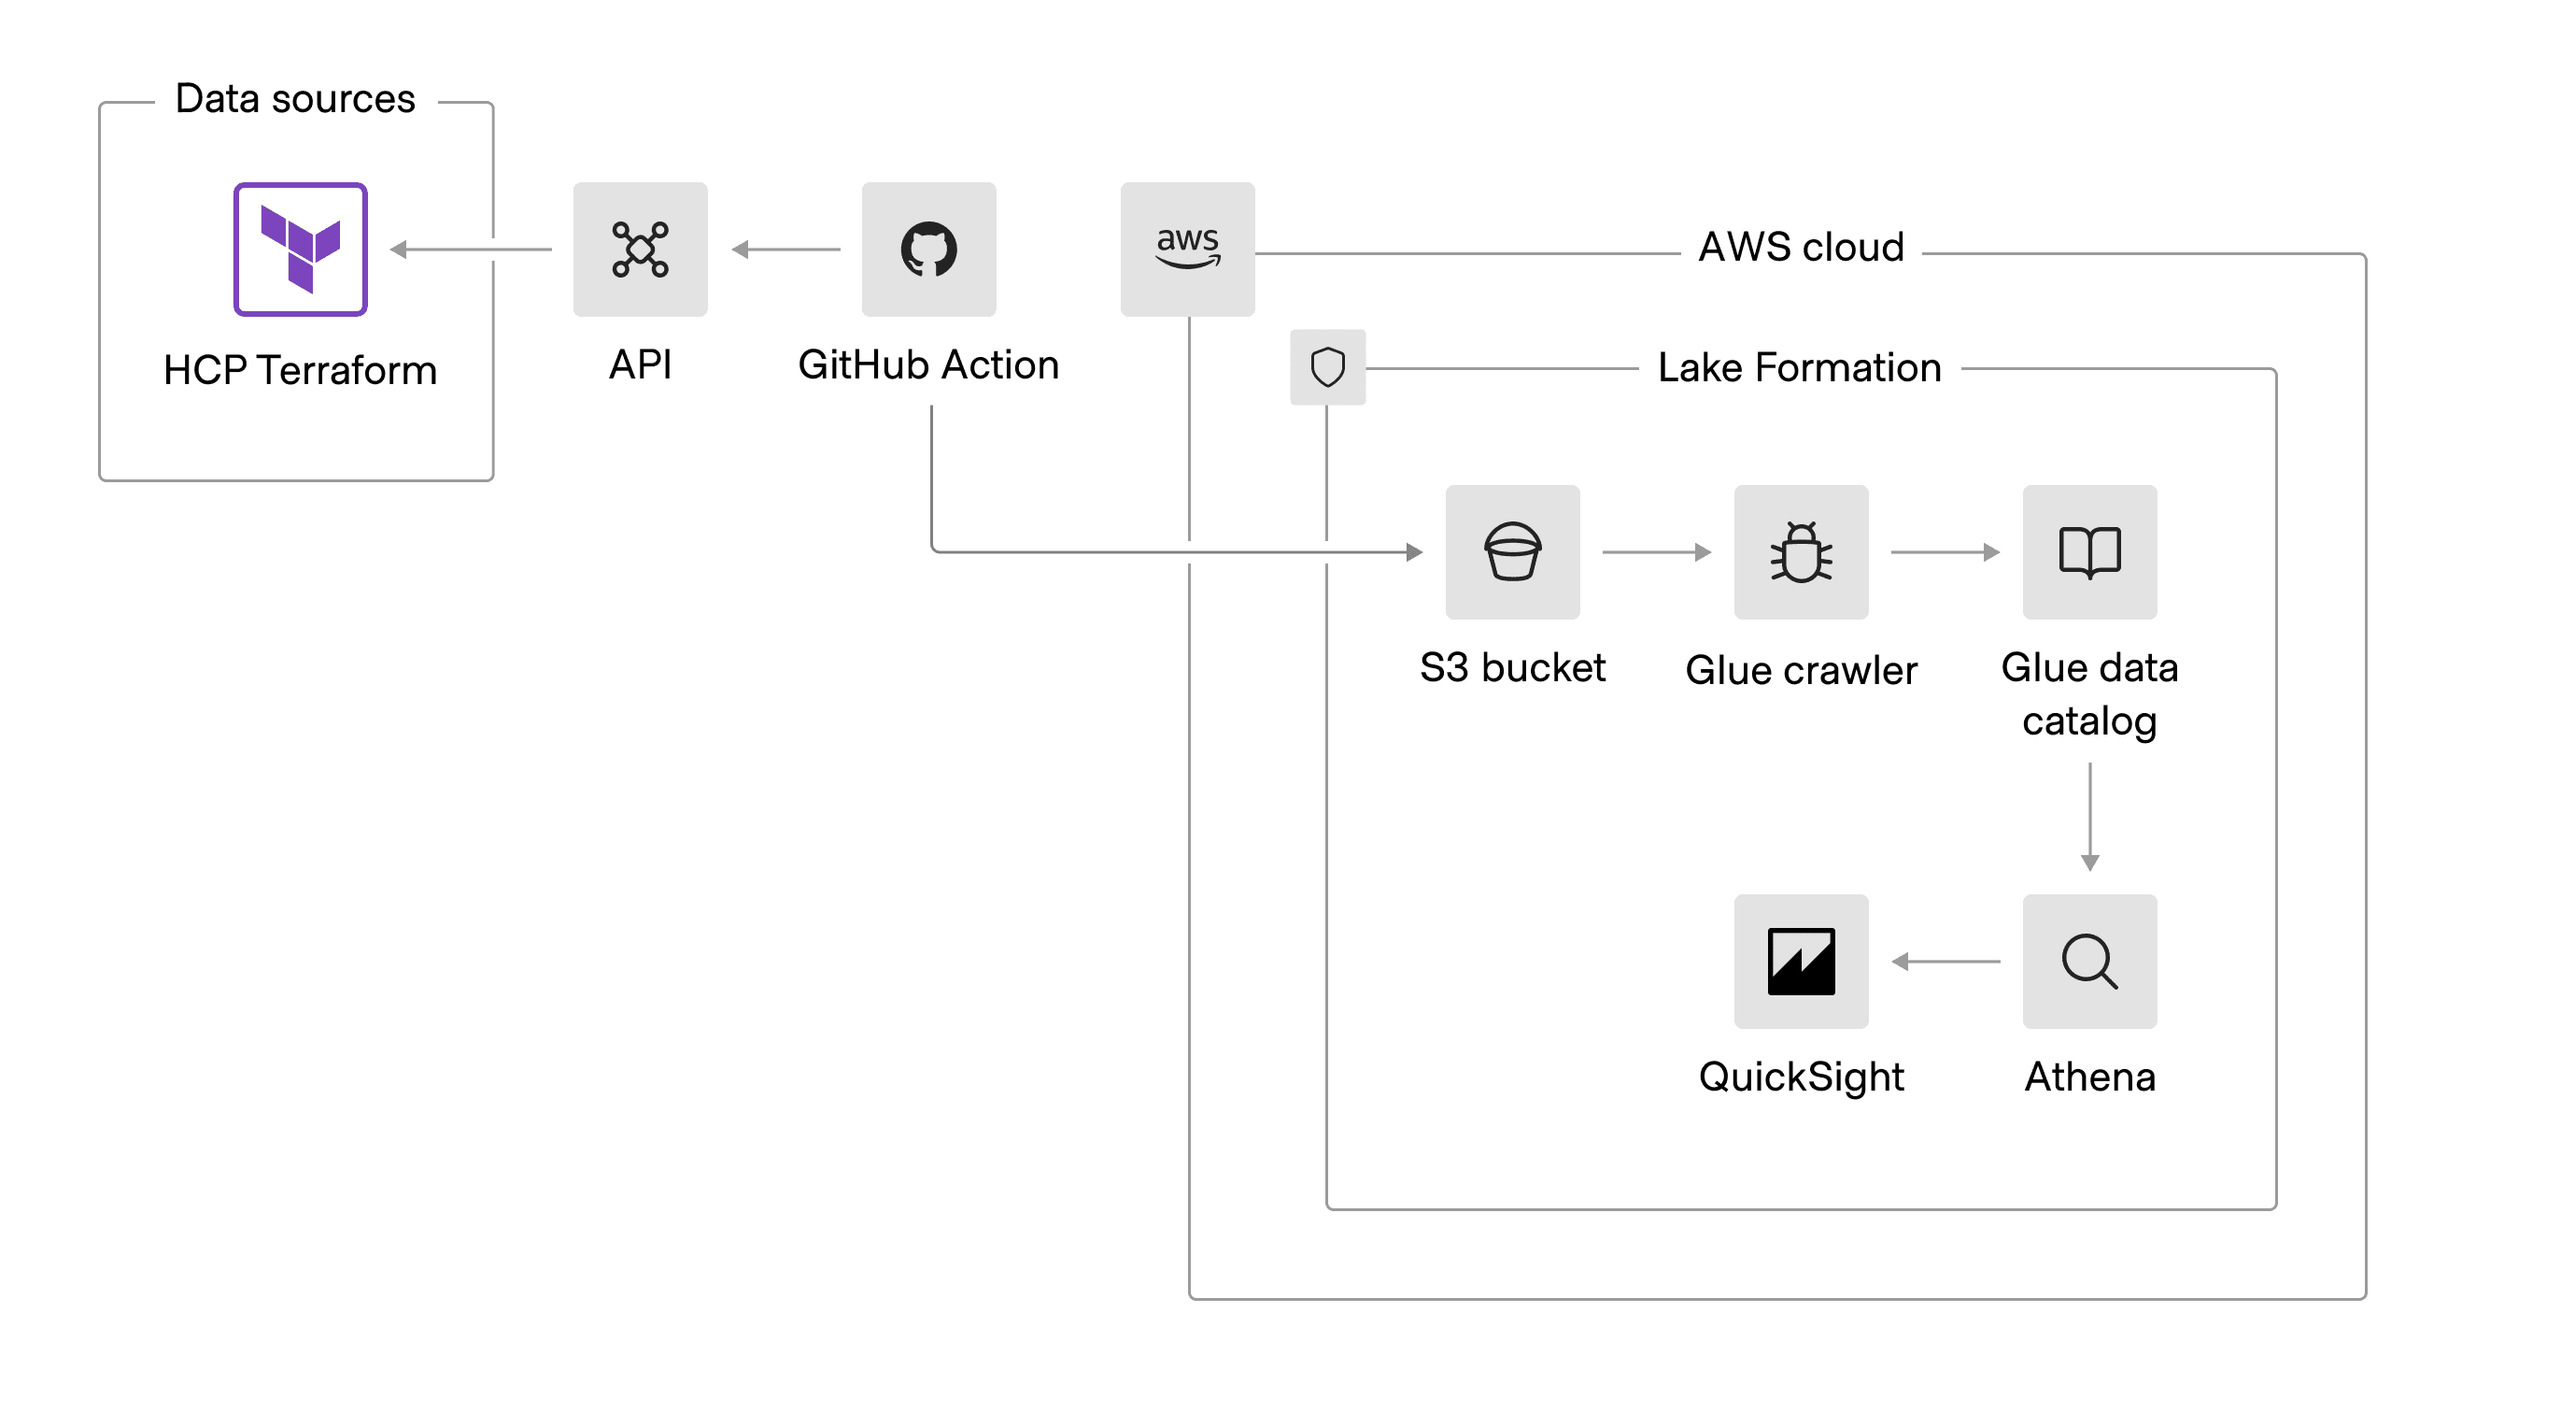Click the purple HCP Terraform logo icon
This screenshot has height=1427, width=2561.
[300, 249]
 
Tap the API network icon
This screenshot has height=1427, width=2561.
[641, 249]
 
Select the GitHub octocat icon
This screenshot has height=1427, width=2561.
[928, 249]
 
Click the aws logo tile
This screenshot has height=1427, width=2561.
[1187, 249]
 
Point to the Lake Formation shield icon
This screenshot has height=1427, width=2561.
[1327, 367]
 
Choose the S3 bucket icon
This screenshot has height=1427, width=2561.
[1512, 552]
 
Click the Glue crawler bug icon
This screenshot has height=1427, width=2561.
[1801, 552]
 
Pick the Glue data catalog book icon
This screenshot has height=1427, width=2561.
[2088, 552]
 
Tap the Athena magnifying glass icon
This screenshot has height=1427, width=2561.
[2088, 961]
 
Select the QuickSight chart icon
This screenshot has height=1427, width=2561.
[1801, 961]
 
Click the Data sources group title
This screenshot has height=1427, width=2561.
[295, 98]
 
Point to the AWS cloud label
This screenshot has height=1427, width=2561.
[1801, 247]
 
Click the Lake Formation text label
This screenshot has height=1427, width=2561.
[1799, 368]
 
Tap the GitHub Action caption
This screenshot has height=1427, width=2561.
[927, 365]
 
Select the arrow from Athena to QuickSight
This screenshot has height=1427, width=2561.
[1946, 962]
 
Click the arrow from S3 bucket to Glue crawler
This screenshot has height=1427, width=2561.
[1656, 552]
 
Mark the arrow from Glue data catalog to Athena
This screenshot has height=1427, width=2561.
[2089, 816]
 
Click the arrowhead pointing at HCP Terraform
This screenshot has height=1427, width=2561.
[400, 250]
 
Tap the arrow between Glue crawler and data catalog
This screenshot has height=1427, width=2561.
[1945, 552]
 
